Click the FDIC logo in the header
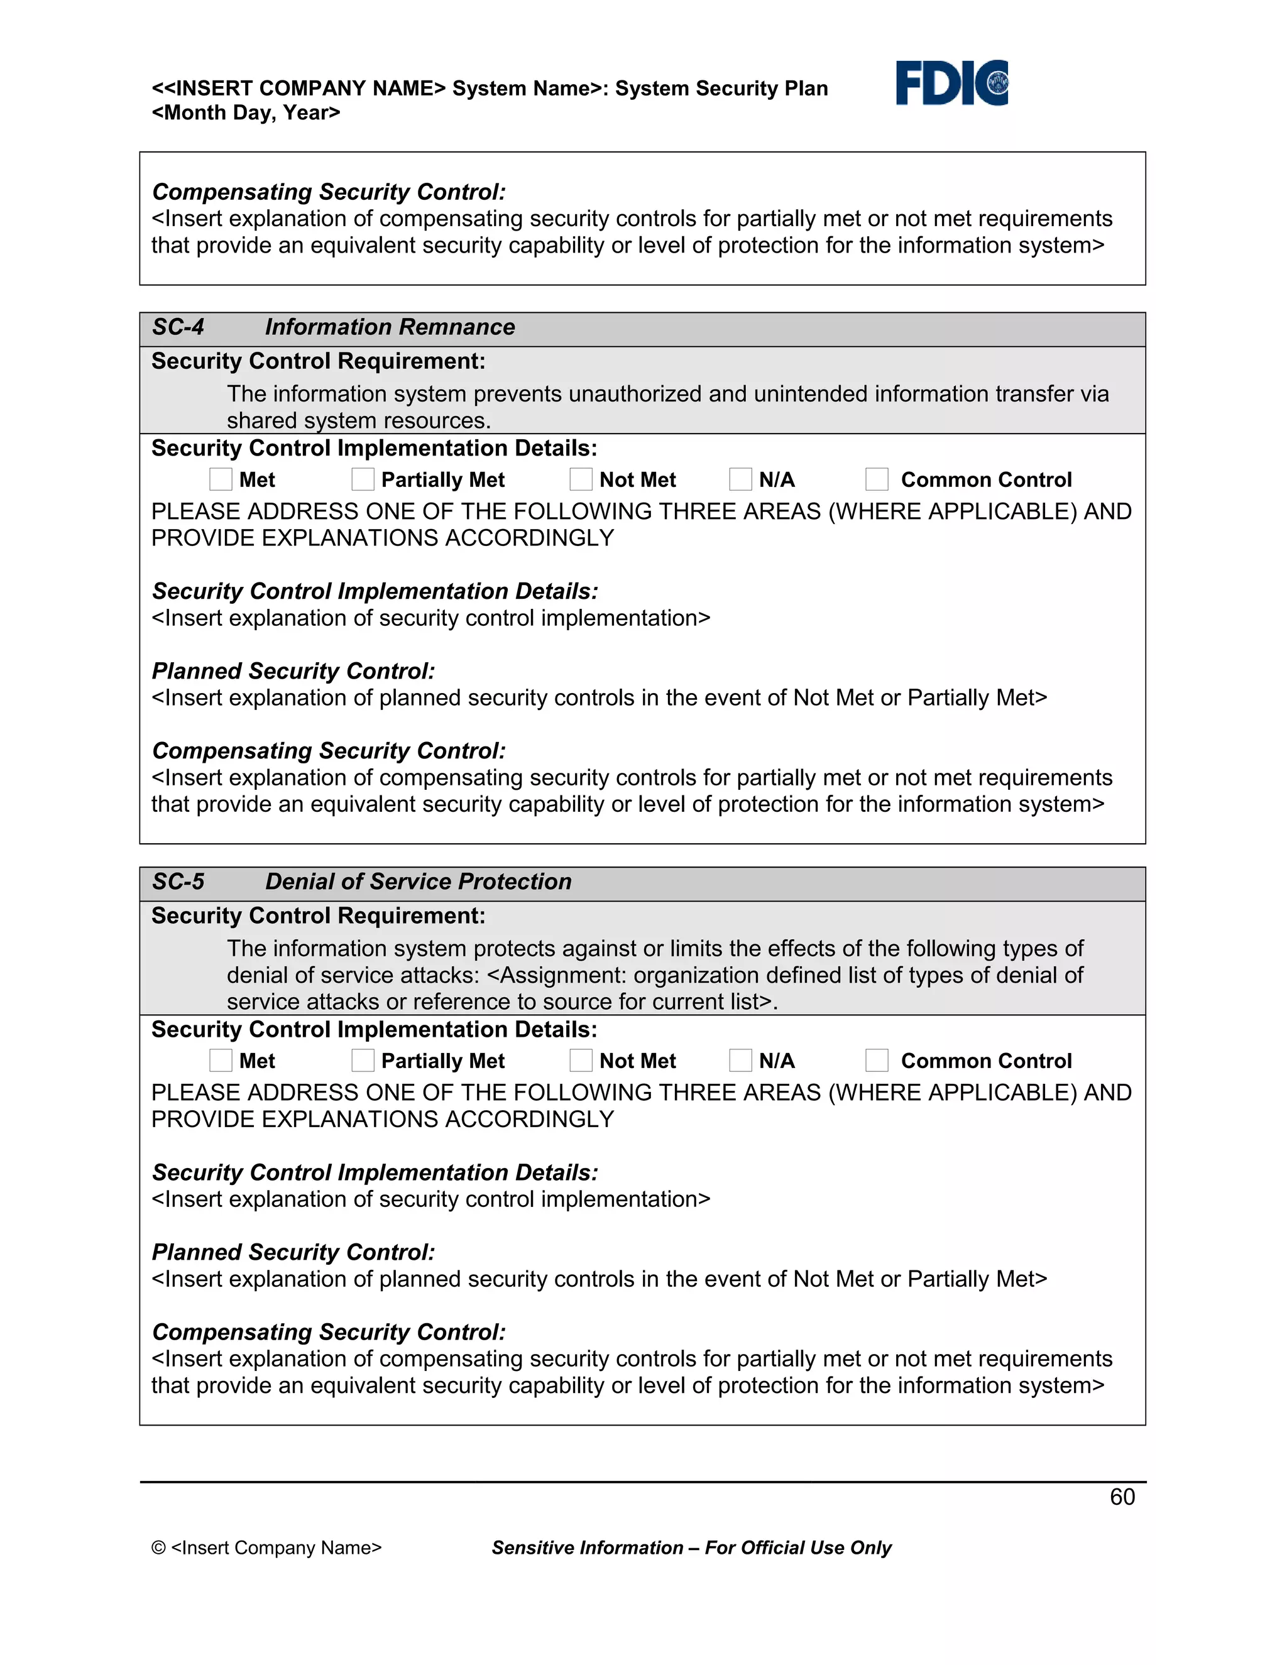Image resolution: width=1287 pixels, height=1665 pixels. tap(951, 82)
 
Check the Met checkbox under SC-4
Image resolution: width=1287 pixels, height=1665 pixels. tap(221, 479)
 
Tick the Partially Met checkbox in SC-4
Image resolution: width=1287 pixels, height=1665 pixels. tap(363, 479)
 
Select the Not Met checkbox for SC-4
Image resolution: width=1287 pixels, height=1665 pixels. tap(581, 479)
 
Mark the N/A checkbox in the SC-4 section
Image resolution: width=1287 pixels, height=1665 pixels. tap(740, 479)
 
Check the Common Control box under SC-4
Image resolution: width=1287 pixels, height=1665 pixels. tap(877, 479)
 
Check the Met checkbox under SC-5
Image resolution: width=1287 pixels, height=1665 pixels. tap(221, 1061)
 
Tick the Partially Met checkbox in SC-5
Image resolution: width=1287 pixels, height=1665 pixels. tap(363, 1061)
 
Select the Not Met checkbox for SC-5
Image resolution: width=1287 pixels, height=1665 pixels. tap(581, 1061)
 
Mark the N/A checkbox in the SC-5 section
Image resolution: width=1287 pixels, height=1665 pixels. tap(740, 1061)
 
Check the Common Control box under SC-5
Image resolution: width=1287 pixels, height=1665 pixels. tap(877, 1061)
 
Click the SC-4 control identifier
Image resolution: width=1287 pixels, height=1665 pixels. tap(178, 327)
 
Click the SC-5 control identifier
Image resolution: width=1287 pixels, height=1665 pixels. tap(178, 882)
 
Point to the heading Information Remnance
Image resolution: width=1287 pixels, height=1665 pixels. tap(390, 327)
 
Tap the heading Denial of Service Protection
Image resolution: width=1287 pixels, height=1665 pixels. tap(418, 882)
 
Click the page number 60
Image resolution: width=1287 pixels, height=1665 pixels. tap(1122, 1497)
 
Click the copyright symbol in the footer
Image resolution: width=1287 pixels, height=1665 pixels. tap(158, 1548)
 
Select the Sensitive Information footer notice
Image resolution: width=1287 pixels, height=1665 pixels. tap(691, 1548)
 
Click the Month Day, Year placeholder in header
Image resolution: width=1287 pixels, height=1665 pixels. tap(246, 113)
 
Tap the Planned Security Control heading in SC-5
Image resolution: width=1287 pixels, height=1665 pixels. tap(293, 1253)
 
